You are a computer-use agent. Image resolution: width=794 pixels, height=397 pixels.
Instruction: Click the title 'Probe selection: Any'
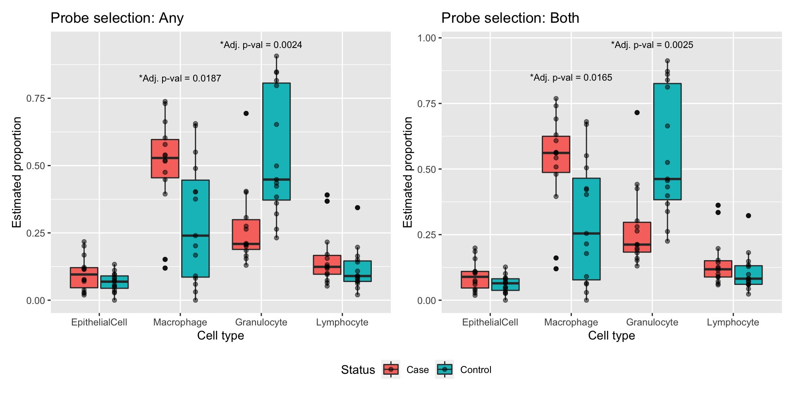click(x=117, y=18)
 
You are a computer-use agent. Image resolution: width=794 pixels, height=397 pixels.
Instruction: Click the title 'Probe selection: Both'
click(x=510, y=18)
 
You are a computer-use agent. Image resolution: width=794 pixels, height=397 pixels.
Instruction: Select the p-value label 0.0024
click(x=261, y=45)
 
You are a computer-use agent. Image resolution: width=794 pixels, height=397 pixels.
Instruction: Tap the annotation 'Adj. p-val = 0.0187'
click(x=180, y=78)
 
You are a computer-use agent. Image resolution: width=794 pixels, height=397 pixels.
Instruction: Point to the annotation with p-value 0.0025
click(x=652, y=45)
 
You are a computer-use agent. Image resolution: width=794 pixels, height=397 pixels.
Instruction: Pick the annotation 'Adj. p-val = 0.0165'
click(x=571, y=78)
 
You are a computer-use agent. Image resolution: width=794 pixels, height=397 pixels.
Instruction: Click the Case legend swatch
click(x=391, y=369)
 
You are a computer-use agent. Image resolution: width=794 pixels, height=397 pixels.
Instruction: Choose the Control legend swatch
click(x=445, y=369)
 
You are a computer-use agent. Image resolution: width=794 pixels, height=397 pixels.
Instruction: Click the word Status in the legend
click(x=358, y=370)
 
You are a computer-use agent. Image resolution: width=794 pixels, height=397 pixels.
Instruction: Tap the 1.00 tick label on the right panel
click(x=427, y=38)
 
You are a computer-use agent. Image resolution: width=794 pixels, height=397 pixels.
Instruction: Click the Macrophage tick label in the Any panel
click(x=180, y=323)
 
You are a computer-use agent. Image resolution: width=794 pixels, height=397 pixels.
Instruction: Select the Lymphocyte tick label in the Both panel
click(x=733, y=323)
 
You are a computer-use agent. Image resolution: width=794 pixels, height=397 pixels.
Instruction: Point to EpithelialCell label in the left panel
click(x=99, y=323)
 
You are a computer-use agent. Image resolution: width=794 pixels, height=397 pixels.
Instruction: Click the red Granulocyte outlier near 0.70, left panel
click(x=246, y=113)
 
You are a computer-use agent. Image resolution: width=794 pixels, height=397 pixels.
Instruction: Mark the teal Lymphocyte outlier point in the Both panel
click(x=749, y=215)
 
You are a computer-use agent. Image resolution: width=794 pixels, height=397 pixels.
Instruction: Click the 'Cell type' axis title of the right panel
click(x=611, y=335)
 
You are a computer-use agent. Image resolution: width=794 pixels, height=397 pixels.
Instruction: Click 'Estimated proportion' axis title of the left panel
click(x=17, y=172)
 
